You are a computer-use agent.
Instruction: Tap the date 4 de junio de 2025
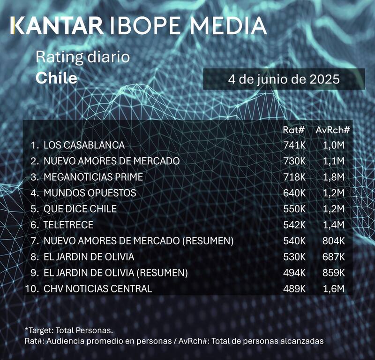click(284, 79)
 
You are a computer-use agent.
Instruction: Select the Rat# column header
click(294, 130)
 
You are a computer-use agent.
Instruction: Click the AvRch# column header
click(333, 130)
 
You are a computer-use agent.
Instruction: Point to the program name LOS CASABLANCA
click(84, 145)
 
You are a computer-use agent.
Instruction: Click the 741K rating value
click(294, 145)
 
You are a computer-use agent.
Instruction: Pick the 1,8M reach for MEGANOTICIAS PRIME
click(334, 177)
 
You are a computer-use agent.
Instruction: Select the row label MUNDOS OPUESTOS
click(90, 193)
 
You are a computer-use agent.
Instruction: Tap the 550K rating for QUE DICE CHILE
click(294, 209)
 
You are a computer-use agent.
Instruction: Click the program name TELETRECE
click(68, 225)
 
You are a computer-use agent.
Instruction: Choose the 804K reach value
click(334, 241)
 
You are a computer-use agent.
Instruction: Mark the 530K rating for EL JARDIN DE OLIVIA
click(294, 257)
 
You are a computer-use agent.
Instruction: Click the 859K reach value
click(334, 273)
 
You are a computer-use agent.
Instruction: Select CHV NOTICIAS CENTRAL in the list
click(97, 289)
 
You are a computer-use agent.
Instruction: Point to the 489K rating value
click(294, 289)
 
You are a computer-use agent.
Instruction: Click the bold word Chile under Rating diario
click(56, 78)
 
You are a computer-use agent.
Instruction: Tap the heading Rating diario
click(82, 58)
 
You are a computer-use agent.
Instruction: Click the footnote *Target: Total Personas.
click(69, 330)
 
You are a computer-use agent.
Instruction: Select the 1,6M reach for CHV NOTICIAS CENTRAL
click(334, 289)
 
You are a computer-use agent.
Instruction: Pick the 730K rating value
click(294, 161)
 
